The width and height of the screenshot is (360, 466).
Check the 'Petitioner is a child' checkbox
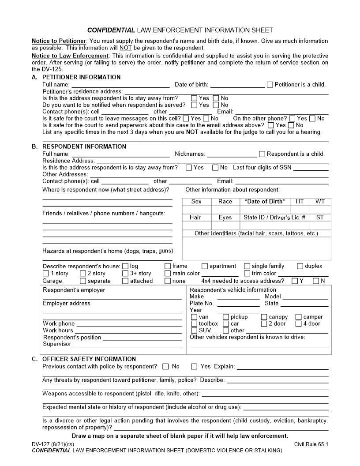click(270, 85)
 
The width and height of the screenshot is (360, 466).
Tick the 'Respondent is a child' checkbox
click(262, 154)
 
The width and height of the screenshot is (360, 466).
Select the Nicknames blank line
click(232, 155)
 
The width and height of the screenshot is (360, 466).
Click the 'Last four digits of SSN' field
click(311, 168)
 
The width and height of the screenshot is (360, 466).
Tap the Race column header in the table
click(225, 202)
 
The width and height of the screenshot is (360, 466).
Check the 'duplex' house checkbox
click(300, 266)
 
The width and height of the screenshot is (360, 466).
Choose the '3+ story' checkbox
click(125, 273)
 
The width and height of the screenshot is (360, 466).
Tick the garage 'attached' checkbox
click(125, 281)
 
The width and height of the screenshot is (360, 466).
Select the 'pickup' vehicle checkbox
click(226, 317)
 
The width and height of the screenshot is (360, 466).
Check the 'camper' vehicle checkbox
click(299, 317)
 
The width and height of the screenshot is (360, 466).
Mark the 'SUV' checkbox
click(194, 330)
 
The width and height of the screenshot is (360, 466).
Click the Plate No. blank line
click(238, 304)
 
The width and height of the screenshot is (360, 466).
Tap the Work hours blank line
click(128, 331)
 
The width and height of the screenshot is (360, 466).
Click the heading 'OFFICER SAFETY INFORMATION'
click(89, 359)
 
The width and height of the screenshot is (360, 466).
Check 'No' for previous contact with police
click(165, 366)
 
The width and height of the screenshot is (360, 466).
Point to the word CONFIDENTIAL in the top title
click(111, 30)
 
